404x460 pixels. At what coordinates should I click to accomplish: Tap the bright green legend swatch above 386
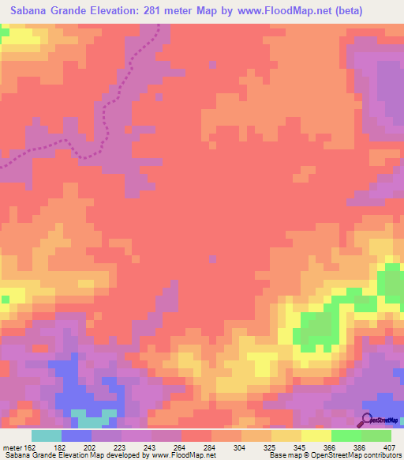(x=346, y=435)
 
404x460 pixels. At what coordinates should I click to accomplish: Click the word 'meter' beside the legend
(x=10, y=446)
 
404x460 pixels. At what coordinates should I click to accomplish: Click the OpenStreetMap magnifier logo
(x=366, y=419)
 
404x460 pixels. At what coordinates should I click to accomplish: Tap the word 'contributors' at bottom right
(x=380, y=455)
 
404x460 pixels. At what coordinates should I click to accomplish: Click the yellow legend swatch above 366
(x=316, y=435)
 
